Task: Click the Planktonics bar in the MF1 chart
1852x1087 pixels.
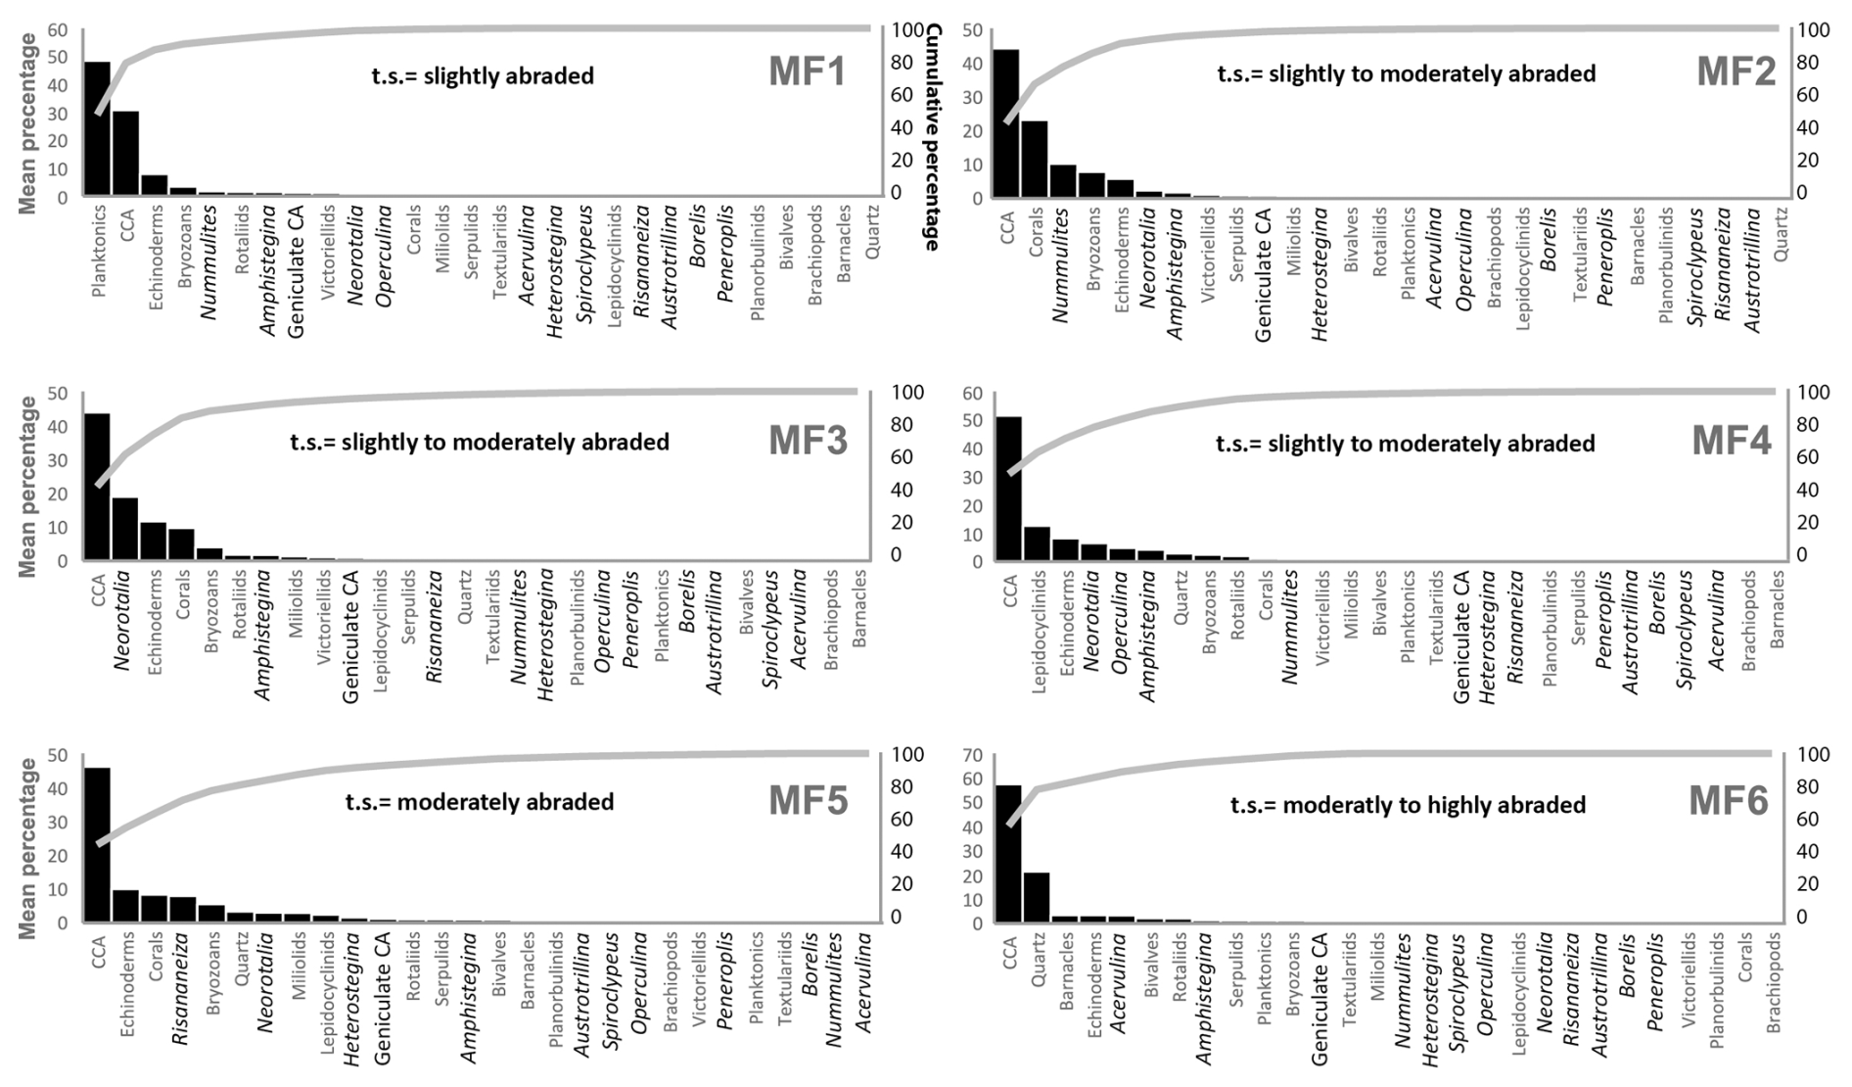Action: click(97, 128)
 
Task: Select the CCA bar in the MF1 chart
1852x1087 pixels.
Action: click(125, 153)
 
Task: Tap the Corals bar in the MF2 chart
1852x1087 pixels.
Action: click(1034, 159)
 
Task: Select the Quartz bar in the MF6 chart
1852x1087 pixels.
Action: click(1037, 897)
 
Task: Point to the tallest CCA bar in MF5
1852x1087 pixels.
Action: click(97, 844)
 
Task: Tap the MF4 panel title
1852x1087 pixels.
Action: click(1732, 441)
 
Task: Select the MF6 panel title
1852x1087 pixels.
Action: click(1729, 802)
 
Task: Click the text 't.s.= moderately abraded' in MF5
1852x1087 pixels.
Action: click(480, 802)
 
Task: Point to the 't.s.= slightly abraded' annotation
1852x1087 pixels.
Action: click(483, 76)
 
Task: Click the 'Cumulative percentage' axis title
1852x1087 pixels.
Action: click(933, 137)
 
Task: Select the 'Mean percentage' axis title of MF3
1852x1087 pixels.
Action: click(26, 487)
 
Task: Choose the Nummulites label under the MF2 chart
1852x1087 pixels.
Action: click(1062, 264)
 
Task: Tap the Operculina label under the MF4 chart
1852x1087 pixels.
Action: click(1122, 624)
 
